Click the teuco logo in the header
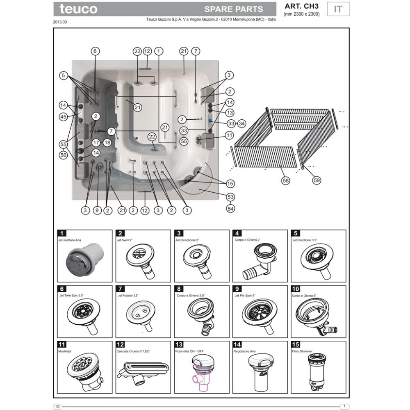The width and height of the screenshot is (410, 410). tap(78, 9)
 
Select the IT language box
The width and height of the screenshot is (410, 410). tap(338, 9)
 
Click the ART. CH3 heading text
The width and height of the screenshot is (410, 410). tap(301, 6)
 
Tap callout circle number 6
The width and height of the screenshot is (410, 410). tap(95, 51)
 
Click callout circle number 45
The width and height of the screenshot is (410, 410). tap(63, 116)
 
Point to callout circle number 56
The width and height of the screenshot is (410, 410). tap(63, 155)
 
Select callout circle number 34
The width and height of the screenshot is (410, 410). tap(241, 123)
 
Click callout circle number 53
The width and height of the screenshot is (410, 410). tap(230, 197)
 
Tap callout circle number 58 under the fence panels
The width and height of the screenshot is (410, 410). tap(285, 180)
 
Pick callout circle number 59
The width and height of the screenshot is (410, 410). tap(317, 180)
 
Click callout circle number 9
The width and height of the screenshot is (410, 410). tap(97, 210)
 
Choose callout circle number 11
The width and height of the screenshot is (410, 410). tap(229, 135)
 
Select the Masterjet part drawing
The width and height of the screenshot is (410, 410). tap(85, 372)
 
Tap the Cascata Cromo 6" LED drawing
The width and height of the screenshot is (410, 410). tap(143, 373)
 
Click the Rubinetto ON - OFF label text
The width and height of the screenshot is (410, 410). tap(189, 351)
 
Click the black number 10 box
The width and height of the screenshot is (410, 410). tap(296, 289)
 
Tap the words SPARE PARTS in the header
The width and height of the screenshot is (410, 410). tap(234, 9)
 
